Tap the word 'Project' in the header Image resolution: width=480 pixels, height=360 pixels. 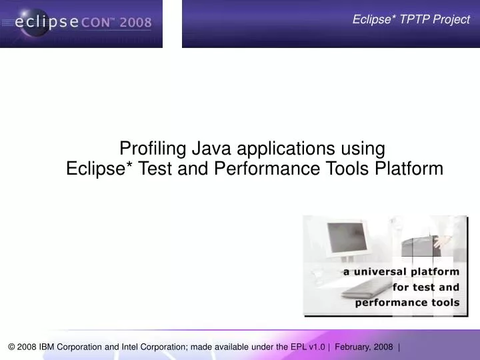point(450,19)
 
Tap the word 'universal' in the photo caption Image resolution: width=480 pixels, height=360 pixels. point(380,272)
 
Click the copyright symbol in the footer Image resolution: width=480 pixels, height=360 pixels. point(12,347)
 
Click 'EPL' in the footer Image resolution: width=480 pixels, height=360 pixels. point(299,347)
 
